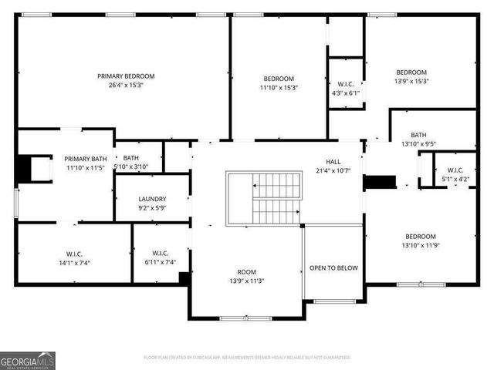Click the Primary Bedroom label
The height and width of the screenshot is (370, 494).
pos(126,76)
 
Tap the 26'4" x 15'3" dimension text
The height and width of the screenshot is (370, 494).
pos(126,86)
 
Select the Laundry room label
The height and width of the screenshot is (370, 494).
pos(152,198)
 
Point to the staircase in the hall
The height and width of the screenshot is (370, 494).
pos(264,198)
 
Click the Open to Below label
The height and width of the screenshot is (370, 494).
pos(333,268)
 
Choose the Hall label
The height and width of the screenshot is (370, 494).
pos(333,161)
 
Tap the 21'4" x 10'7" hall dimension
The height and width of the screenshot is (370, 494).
pos(333,170)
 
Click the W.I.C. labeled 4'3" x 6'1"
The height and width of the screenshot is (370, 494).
pos(345,84)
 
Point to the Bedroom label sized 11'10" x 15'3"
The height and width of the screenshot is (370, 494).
pos(279,79)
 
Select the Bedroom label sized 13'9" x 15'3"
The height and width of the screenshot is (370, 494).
pos(411,72)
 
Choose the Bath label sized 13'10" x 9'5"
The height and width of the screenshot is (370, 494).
pos(418,134)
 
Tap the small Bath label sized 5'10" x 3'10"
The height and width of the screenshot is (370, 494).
pos(130,157)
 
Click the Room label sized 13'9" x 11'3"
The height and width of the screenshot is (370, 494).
pos(246,271)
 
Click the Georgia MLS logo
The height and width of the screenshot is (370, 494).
pos(28,360)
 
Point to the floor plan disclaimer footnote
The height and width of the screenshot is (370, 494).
pos(247,358)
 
